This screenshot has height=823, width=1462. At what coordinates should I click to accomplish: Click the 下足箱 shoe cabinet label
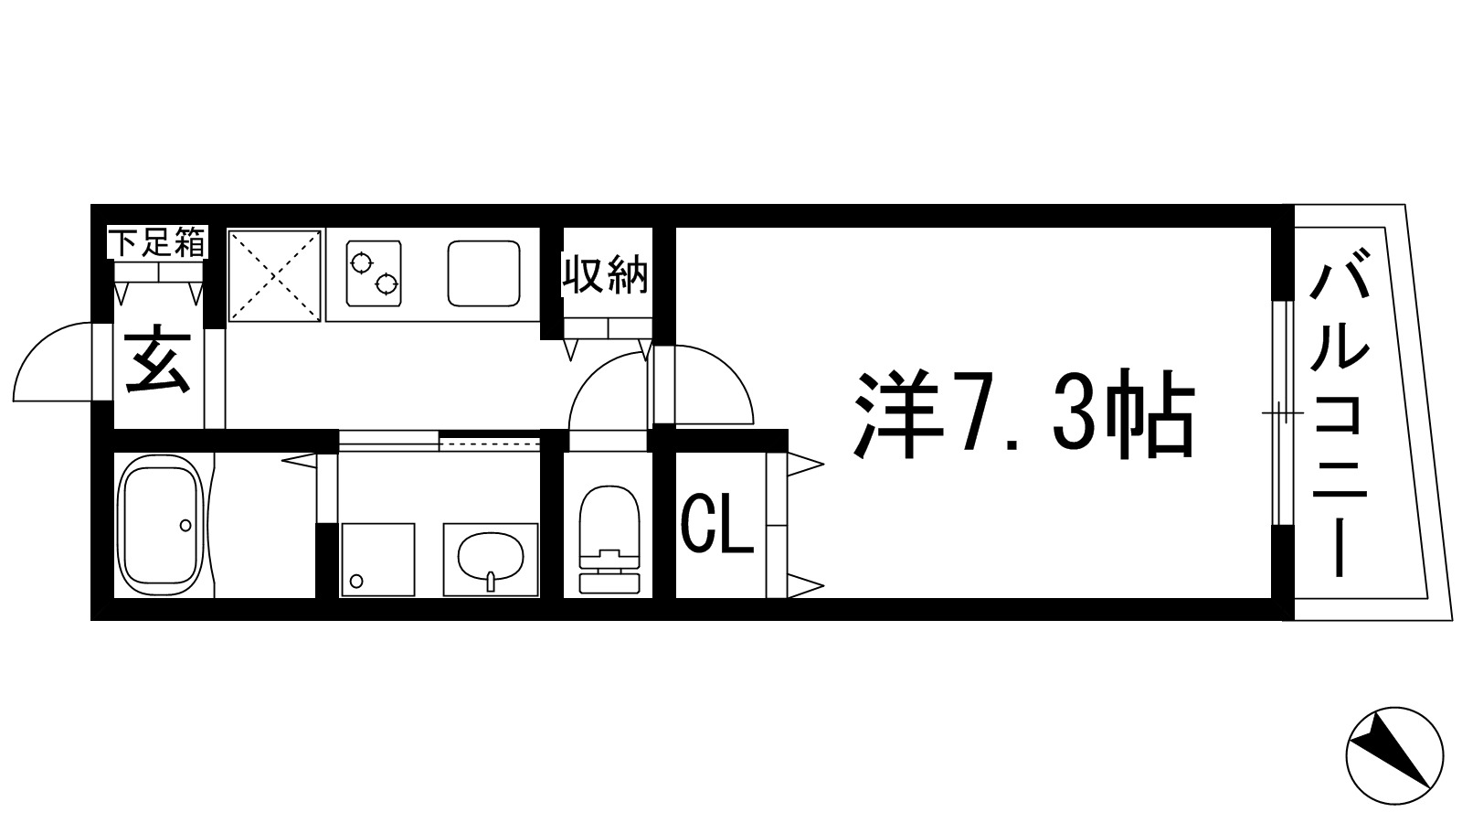pos(157,243)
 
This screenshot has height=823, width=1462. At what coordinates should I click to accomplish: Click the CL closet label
pos(718,526)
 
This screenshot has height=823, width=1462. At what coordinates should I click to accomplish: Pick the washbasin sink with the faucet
pos(490,558)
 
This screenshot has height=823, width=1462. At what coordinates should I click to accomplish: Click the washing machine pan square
pos(376,559)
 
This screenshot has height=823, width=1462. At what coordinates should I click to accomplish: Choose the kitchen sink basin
pos(484,273)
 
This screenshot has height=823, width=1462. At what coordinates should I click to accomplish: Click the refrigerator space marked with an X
pos(275,274)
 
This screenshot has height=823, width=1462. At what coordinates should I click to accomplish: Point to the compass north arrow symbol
pos(1395,755)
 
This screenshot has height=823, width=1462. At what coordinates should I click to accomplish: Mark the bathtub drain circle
pos(185,525)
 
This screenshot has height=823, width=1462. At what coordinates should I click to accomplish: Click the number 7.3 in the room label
pos(1023,416)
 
